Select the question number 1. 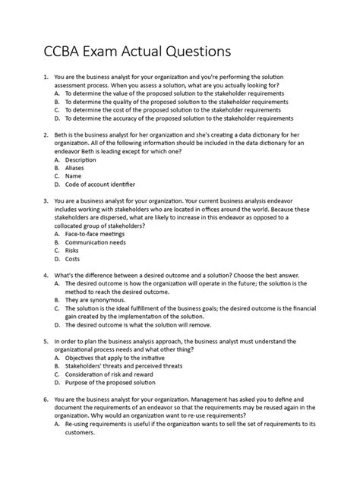(x=47, y=77)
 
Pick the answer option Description (x=81, y=161)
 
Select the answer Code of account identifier (x=100, y=184)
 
